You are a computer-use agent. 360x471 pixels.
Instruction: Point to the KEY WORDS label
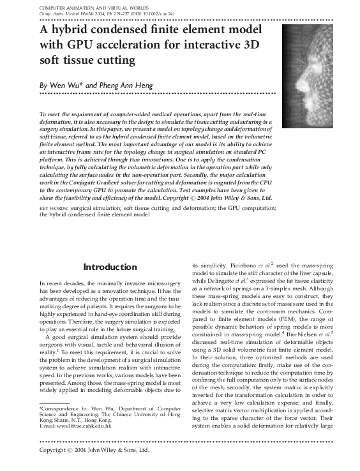click(53, 209)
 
